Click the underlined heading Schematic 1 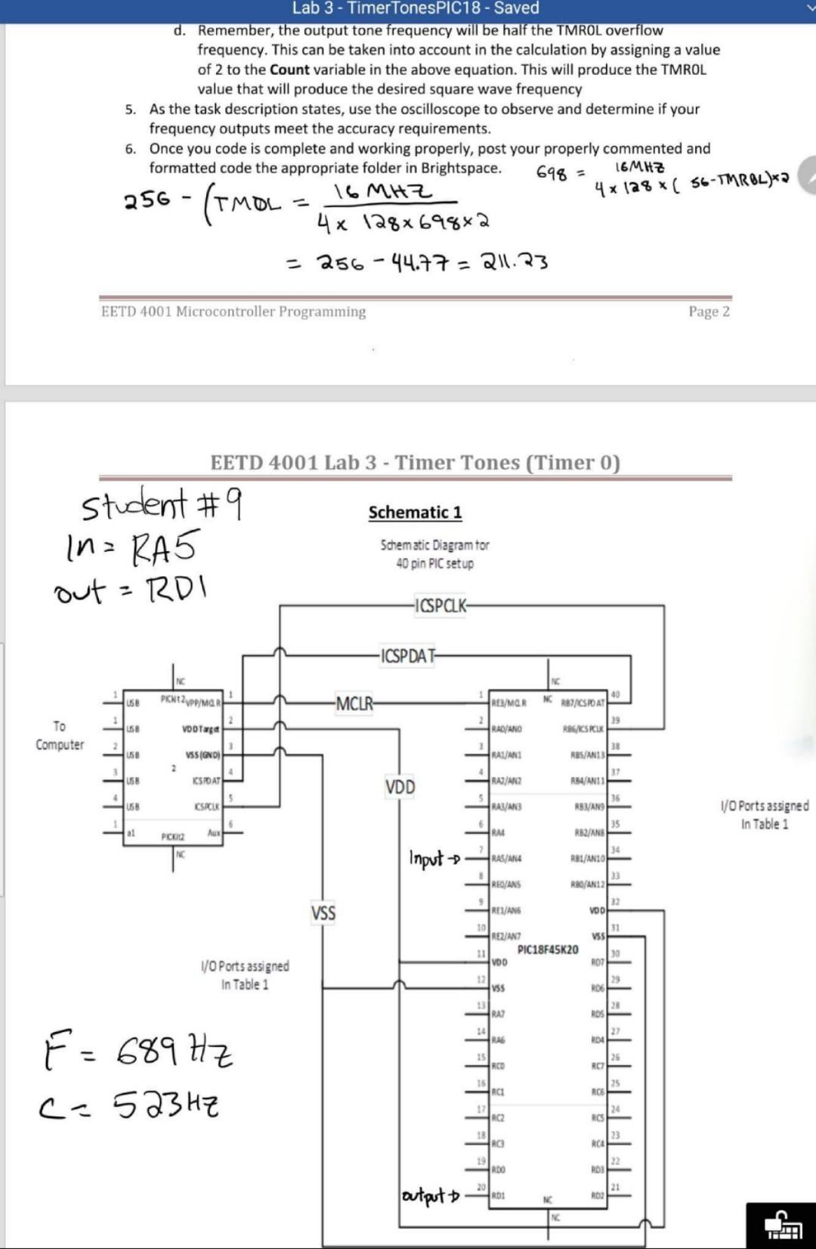(415, 513)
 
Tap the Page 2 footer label (709, 311)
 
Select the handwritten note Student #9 (161, 504)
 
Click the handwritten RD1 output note (175, 588)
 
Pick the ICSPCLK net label (440, 606)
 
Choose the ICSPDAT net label (408, 655)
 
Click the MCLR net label (354, 704)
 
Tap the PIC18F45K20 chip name (548, 950)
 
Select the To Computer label (60, 736)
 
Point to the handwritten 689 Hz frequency (174, 1051)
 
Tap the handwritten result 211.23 (515, 262)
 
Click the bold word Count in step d (289, 70)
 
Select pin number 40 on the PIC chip (615, 695)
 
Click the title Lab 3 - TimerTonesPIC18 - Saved (416, 8)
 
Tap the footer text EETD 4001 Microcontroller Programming (233, 311)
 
